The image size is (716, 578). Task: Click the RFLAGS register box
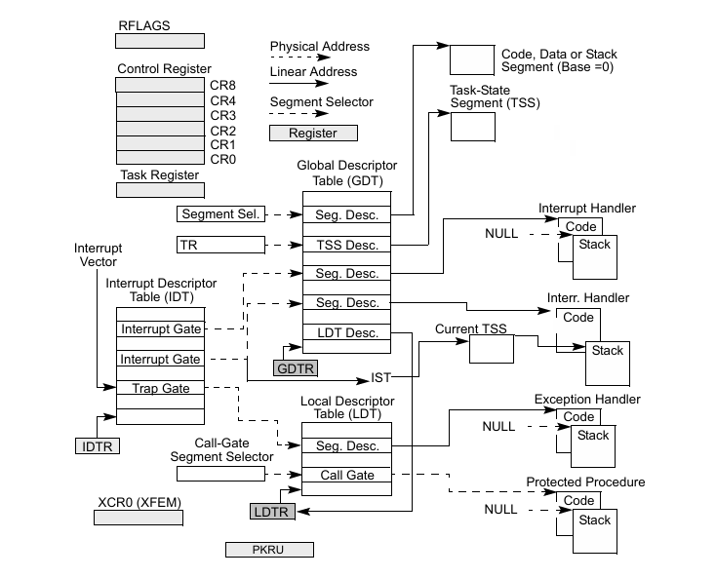(160, 42)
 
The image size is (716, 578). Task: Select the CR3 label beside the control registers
(222, 115)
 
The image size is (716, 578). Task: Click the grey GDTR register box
(297, 368)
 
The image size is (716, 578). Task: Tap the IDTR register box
(97, 446)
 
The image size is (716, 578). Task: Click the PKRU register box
(269, 551)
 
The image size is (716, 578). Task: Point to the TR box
(221, 244)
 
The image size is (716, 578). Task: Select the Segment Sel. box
(221, 213)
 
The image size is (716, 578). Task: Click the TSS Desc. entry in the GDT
(346, 244)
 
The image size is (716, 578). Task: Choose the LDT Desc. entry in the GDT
(346, 333)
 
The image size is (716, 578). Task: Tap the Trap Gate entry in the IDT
(161, 389)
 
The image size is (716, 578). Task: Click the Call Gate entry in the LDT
(346, 476)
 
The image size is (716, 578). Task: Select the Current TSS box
(492, 350)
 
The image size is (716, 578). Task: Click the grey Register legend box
(313, 134)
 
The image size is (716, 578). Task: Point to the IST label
(380, 376)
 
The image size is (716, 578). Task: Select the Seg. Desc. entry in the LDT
(346, 445)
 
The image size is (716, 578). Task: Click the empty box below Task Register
(160, 190)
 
